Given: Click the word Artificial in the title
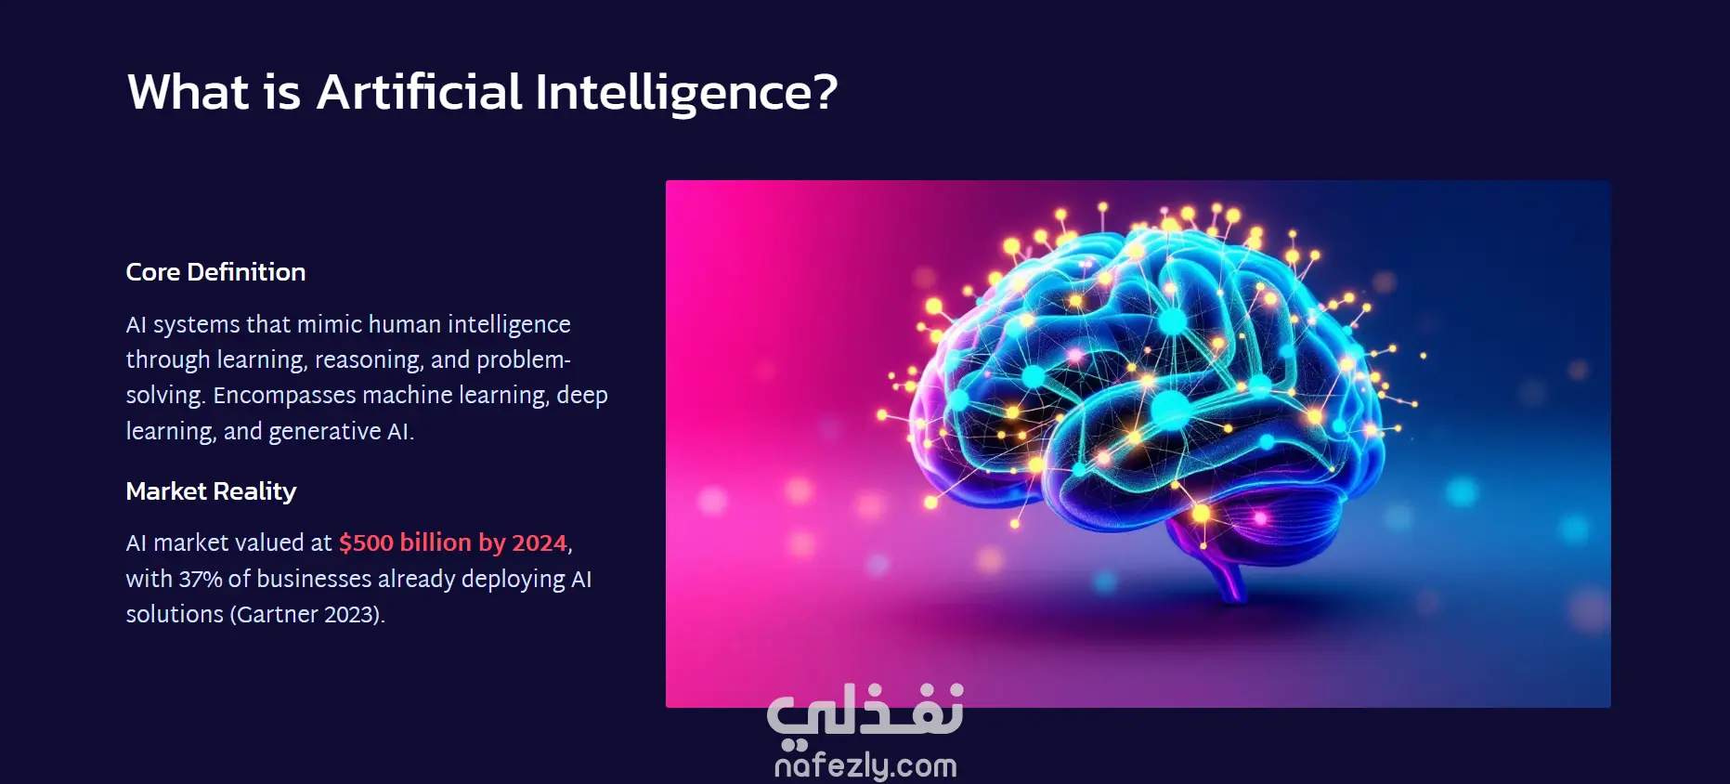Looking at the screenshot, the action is [420, 92].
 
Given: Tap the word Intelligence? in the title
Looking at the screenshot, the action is [686, 94].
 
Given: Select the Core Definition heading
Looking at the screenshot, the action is [215, 272].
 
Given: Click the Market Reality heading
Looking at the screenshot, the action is [211, 491].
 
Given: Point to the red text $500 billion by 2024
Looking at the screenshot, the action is [453, 542].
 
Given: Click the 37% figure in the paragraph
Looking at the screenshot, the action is [201, 579].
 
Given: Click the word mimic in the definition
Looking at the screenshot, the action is [330, 324].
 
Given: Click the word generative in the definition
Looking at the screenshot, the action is [324, 432].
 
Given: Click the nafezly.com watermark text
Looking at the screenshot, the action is [865, 764].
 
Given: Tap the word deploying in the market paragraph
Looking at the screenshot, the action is [513, 580].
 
